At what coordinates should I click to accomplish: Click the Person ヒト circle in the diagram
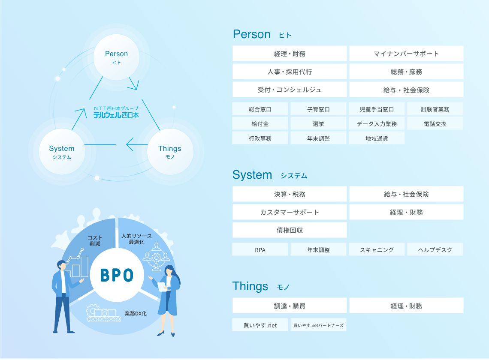tap(116, 57)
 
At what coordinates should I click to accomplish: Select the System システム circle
tap(61, 152)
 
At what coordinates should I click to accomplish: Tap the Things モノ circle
tap(170, 152)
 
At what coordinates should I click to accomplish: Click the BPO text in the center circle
tap(117, 275)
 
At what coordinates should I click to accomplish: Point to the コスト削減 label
tap(95, 240)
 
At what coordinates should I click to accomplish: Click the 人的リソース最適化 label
tap(136, 239)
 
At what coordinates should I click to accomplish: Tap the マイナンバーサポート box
tap(406, 54)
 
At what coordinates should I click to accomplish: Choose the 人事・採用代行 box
tap(290, 72)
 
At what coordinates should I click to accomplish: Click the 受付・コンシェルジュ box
tap(290, 90)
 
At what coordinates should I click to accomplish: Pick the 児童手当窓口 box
tap(377, 109)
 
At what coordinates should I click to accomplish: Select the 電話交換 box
tap(435, 124)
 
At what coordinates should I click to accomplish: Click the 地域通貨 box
tap(377, 138)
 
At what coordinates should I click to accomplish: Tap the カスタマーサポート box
tap(290, 212)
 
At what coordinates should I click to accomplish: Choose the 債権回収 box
tap(290, 230)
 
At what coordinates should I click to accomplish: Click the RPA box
tap(260, 250)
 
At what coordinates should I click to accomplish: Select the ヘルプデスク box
tap(435, 250)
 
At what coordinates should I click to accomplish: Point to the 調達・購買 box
tap(290, 306)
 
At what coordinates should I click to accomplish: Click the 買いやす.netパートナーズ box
tap(318, 325)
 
